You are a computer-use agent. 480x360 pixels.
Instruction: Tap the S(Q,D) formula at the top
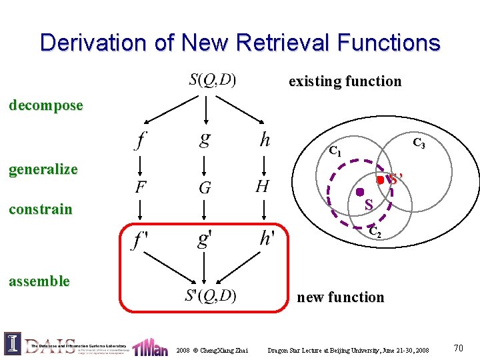coord(213,80)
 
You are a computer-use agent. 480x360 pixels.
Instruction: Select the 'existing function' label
coord(345,81)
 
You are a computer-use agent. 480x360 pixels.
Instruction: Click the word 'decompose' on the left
coord(45,105)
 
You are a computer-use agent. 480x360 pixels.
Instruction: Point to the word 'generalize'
coord(43,169)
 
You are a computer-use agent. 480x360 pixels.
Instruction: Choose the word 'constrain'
coord(40,209)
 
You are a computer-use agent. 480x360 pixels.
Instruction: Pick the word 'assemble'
coord(39,281)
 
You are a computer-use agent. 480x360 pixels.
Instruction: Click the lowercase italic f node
coord(141,139)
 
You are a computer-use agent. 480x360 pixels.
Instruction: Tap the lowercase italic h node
coord(265,139)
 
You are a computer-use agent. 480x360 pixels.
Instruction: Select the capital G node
coord(205,187)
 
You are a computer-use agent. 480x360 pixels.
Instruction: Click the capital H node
coord(263,186)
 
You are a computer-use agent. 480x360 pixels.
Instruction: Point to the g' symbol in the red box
coord(205,239)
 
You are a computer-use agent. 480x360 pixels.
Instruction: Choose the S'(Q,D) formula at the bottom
coord(211,295)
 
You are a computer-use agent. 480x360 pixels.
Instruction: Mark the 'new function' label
coord(340,297)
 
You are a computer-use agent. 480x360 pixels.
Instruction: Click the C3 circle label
coord(419,143)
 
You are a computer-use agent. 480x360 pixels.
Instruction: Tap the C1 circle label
coord(335,151)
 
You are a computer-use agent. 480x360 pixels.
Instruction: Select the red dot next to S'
coord(379,180)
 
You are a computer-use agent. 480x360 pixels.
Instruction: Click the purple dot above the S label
coord(359,193)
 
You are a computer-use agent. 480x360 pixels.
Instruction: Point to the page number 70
coord(458,347)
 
